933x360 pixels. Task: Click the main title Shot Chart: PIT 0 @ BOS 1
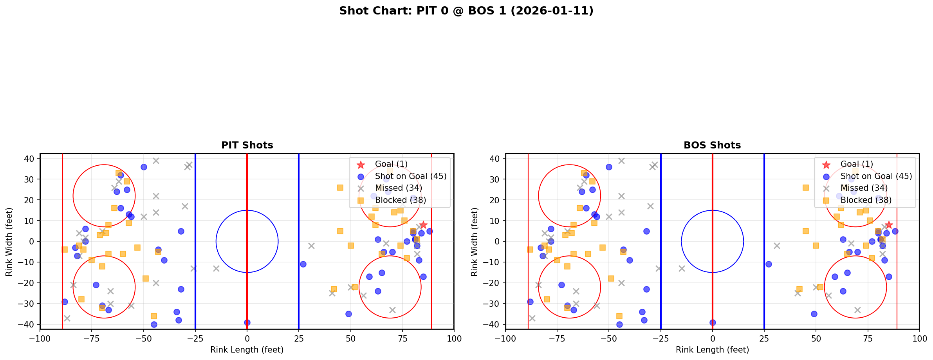[x=466, y=11]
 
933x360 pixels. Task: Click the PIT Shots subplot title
[x=247, y=145]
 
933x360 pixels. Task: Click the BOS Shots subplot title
[x=712, y=145]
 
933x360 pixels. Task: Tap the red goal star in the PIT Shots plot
[x=423, y=225]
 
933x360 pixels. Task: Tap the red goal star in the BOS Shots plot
[x=888, y=225]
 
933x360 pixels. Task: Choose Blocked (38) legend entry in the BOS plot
[x=866, y=200]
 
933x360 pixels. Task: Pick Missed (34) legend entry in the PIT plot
[x=398, y=188]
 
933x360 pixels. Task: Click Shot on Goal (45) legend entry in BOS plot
[x=876, y=176]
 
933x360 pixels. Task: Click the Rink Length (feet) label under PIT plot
[x=247, y=350]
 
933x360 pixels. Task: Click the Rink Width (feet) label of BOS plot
[x=475, y=241]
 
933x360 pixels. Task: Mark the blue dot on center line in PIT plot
[x=247, y=322]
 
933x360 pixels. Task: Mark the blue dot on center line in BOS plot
[x=713, y=322]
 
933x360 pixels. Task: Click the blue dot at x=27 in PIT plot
[x=303, y=264]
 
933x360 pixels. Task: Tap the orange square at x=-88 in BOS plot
[x=530, y=250]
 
